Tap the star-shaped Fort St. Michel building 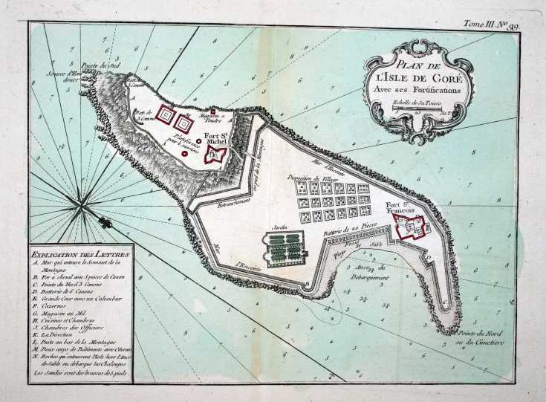click(x=215, y=155)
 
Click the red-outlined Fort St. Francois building click(x=410, y=227)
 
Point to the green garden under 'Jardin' click(x=285, y=247)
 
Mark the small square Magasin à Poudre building click(x=212, y=111)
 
